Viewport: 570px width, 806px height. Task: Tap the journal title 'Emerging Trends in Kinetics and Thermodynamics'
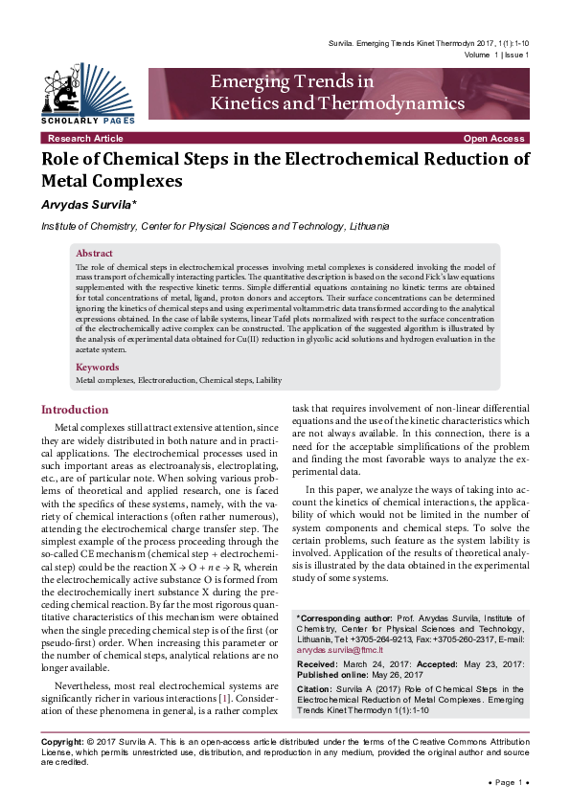click(x=337, y=93)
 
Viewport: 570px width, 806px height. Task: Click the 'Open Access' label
click(x=493, y=139)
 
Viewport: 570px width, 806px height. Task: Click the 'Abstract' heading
click(x=96, y=254)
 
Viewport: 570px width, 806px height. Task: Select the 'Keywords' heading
click(x=98, y=367)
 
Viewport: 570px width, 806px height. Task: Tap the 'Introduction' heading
click(x=75, y=410)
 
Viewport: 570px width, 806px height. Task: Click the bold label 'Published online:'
click(x=336, y=675)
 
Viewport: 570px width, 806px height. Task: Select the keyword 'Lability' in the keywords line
click(x=267, y=380)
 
